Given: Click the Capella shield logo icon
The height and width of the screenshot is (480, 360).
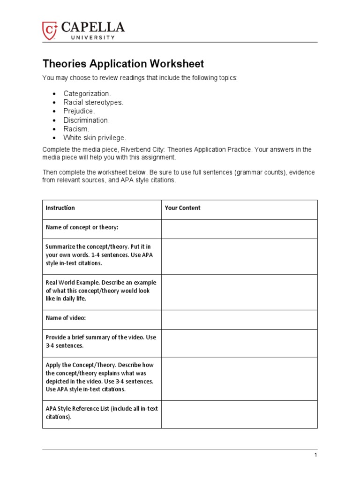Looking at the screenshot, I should tap(50, 30).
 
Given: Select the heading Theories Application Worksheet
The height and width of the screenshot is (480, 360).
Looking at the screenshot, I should tap(123, 64).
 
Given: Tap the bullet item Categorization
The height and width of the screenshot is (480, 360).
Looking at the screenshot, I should tap(87, 94).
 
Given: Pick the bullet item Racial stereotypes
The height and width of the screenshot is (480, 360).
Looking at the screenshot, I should tap(93, 102).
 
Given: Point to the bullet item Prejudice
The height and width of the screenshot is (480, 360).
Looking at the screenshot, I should tap(79, 111).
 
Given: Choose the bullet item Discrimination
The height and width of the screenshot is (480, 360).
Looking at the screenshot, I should tap(87, 120).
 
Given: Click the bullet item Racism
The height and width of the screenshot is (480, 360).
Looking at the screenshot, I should tap(76, 129).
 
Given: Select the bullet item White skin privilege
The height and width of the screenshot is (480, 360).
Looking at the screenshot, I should tap(95, 137).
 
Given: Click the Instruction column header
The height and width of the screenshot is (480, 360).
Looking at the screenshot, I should tap(60, 208).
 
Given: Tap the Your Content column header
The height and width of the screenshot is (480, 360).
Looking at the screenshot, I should tap(182, 208).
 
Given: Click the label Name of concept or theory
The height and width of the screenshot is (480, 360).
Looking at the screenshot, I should tap(82, 227).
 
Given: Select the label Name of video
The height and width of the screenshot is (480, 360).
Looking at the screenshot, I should tap(66, 318).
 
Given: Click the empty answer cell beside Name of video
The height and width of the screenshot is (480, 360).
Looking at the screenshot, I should tap(239, 319).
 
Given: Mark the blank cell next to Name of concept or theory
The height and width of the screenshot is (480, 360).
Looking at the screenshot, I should tap(239, 229).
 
